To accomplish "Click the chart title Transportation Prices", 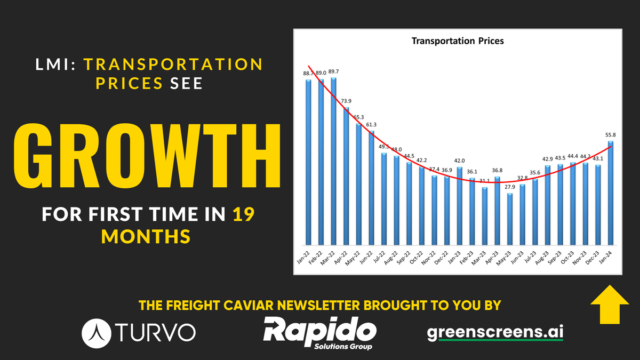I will point(458,41).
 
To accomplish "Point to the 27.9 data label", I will point(510,187).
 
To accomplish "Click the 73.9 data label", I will point(346,101).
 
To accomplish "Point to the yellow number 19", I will point(243,215).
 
